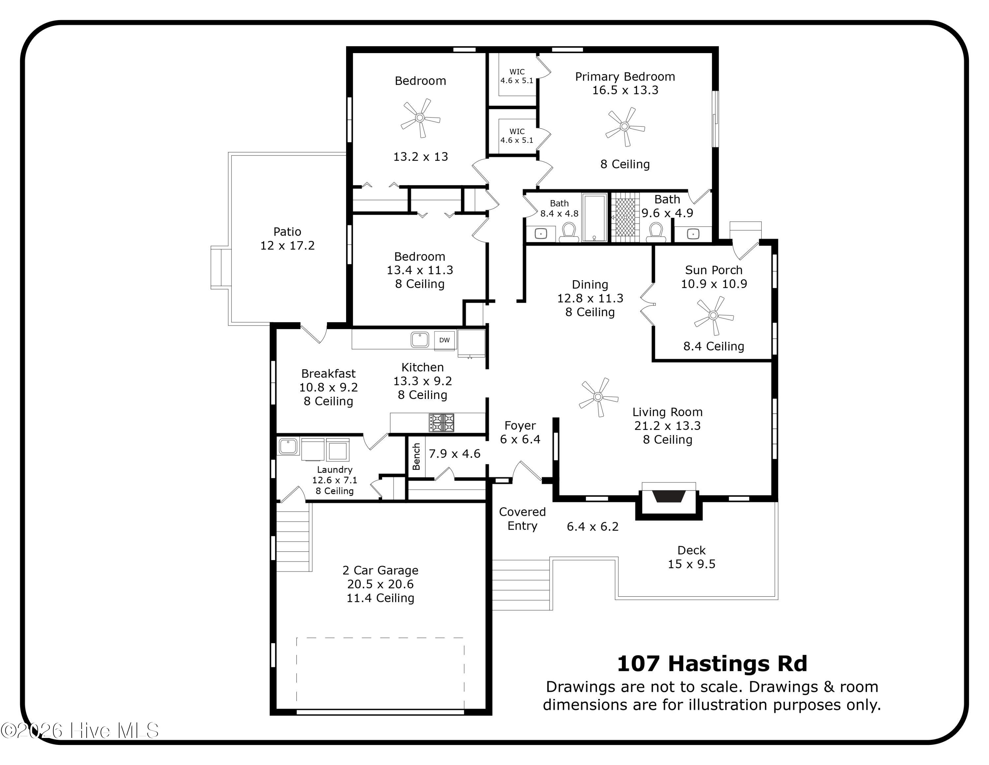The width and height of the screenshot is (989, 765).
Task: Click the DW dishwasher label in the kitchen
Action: coord(444,340)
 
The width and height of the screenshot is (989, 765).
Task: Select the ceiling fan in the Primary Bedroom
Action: coord(625,126)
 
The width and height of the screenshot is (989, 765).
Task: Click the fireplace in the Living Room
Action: coord(668,497)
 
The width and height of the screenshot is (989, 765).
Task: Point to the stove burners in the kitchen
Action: coord(441,422)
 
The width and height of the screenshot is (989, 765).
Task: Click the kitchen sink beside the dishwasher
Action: coord(420,340)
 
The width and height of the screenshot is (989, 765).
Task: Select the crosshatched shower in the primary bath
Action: coord(625,217)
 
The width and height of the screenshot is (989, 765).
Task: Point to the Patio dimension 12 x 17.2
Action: coord(287,245)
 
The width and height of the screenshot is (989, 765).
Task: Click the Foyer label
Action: coord(520,425)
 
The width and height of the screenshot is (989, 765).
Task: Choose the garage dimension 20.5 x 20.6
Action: coord(380,584)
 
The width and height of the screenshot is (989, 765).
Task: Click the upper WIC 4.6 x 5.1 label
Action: coord(517,76)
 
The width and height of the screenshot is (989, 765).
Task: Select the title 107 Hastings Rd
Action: coord(712,663)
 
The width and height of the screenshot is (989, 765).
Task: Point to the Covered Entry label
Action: coord(522,518)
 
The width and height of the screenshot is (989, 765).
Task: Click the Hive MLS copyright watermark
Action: coord(80,730)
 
